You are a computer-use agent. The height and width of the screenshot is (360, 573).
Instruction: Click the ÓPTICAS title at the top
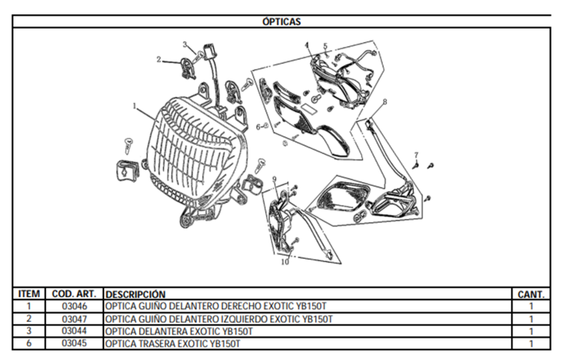pyautogui.click(x=282, y=22)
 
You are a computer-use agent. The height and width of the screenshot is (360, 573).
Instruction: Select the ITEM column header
pyautogui.click(x=29, y=294)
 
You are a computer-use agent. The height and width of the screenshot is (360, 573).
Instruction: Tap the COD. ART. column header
pyautogui.click(x=74, y=294)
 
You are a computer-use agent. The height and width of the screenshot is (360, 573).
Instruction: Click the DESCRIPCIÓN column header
pyautogui.click(x=135, y=294)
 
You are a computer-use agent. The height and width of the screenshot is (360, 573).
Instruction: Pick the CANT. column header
pyautogui.click(x=531, y=294)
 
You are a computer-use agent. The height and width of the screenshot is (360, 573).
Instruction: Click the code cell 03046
pyautogui.click(x=74, y=306)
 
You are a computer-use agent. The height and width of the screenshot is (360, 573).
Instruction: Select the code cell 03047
pyautogui.click(x=74, y=319)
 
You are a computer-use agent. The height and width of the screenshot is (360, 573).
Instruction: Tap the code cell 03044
pyautogui.click(x=74, y=331)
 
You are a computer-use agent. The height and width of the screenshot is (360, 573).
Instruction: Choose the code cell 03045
pyautogui.click(x=74, y=343)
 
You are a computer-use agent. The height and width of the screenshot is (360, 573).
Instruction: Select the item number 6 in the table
pyautogui.click(x=29, y=343)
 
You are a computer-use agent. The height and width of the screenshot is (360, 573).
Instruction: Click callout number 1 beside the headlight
pyautogui.click(x=134, y=106)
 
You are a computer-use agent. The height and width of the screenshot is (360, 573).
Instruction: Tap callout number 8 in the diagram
pyautogui.click(x=385, y=102)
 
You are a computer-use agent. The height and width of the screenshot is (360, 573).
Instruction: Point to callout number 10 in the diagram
pyautogui.click(x=285, y=262)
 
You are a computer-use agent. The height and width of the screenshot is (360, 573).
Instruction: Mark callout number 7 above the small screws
pyautogui.click(x=416, y=155)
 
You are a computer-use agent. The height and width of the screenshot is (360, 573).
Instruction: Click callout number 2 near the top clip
pyautogui.click(x=158, y=59)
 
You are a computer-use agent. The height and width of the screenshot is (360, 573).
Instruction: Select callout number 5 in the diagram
pyautogui.click(x=325, y=46)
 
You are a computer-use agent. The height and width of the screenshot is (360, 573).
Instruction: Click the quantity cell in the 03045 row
pyautogui.click(x=531, y=344)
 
